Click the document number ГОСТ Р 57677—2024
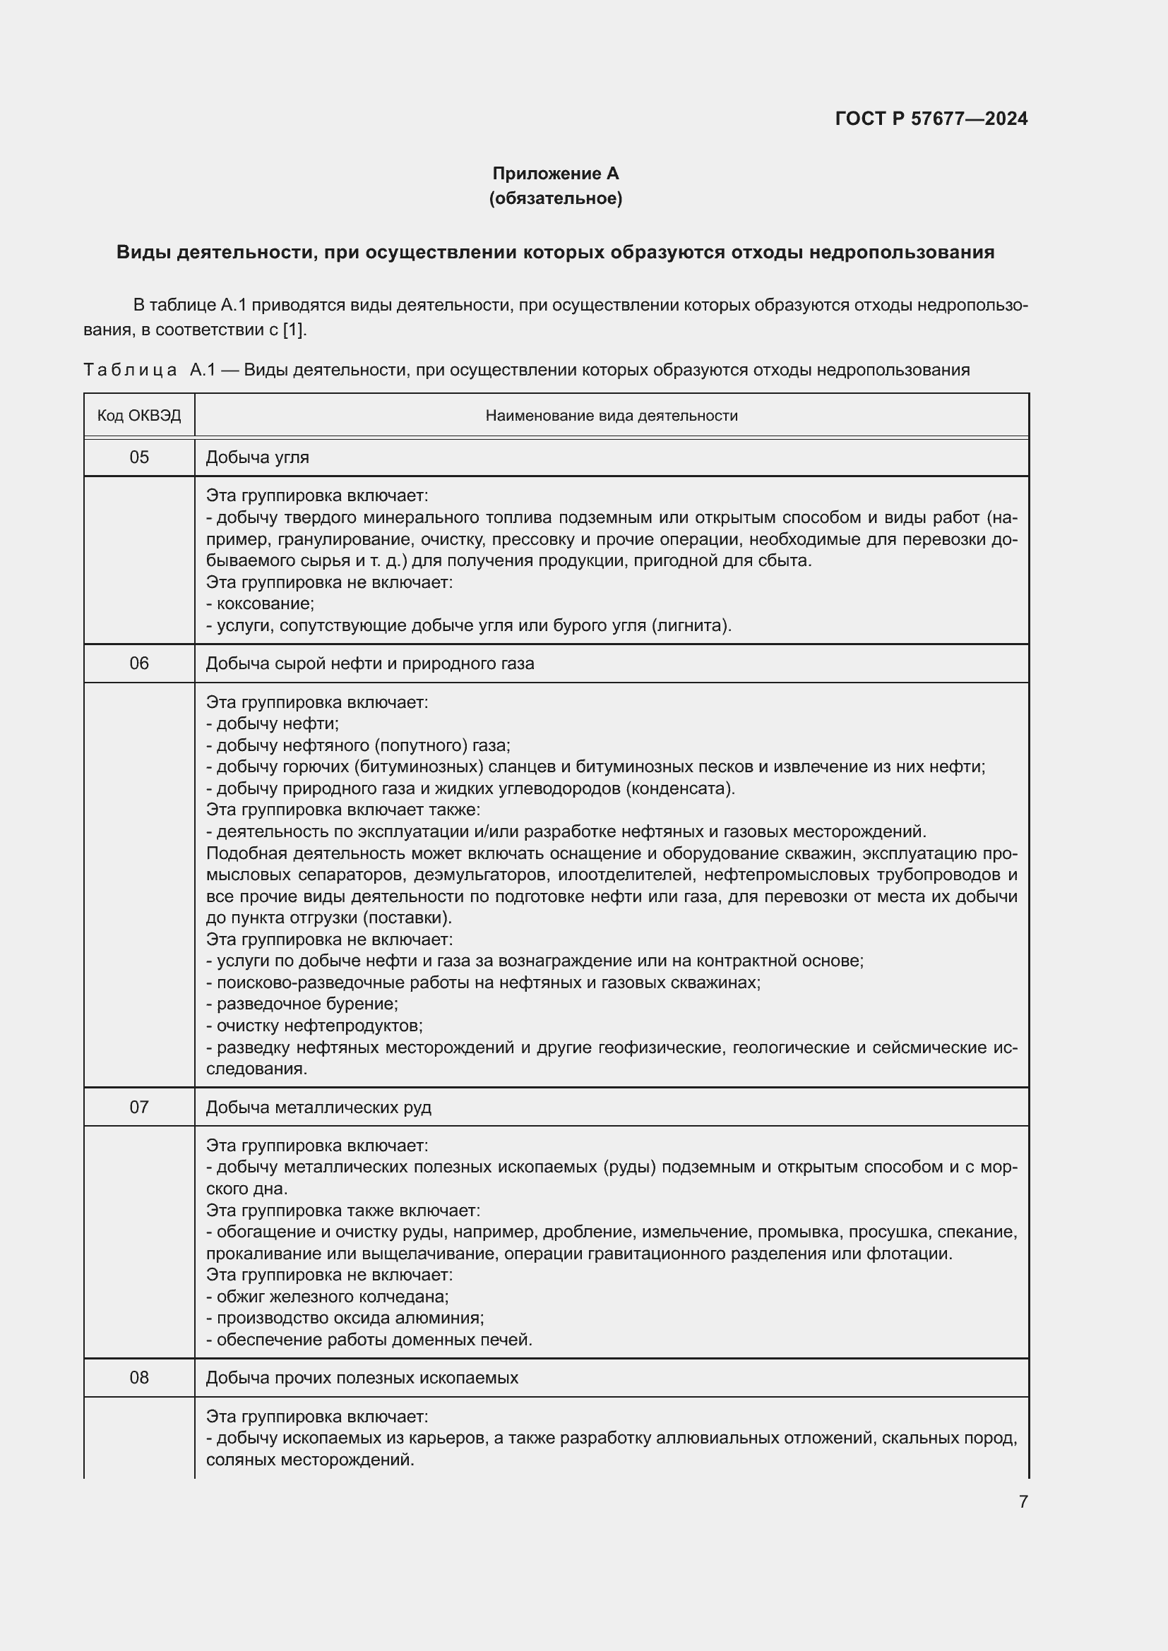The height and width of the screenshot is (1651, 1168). click(931, 119)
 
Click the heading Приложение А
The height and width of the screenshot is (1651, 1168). click(555, 174)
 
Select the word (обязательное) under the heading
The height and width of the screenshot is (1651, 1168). click(555, 198)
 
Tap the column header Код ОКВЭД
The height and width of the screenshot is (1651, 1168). click(139, 416)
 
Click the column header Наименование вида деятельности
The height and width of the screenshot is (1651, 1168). click(612, 416)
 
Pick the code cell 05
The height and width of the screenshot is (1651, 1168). click(139, 457)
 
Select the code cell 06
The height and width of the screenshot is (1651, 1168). click(139, 663)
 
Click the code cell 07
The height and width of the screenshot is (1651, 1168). click(139, 1107)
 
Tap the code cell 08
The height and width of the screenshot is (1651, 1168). click(139, 1377)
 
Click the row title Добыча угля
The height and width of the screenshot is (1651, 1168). click(258, 457)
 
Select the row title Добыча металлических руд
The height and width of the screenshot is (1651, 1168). click(318, 1107)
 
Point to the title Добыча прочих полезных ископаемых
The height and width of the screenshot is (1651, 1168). click(362, 1378)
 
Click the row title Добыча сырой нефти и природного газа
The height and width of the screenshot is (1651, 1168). click(369, 663)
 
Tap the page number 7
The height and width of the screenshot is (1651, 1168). click(1023, 1501)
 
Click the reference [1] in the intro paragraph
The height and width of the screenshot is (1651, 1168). click(295, 330)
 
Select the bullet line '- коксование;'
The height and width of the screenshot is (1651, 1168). click(261, 604)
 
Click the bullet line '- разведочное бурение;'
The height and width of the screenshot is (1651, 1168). click(302, 1003)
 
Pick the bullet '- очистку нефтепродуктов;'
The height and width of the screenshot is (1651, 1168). click(314, 1025)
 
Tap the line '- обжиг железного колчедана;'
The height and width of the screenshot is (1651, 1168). click(327, 1297)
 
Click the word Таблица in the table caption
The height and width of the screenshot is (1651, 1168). click(130, 370)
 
